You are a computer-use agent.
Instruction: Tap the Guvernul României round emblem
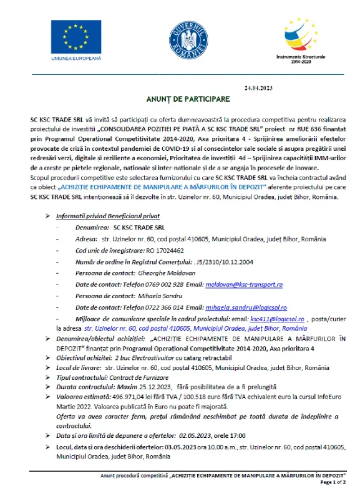tap(188, 39)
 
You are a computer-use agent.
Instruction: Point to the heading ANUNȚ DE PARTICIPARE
tap(187, 98)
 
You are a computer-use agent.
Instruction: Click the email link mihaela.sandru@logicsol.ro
tap(246, 307)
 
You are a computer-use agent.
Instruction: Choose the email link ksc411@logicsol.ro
tap(277, 319)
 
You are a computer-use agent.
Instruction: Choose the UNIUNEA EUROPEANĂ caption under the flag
tap(76, 58)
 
